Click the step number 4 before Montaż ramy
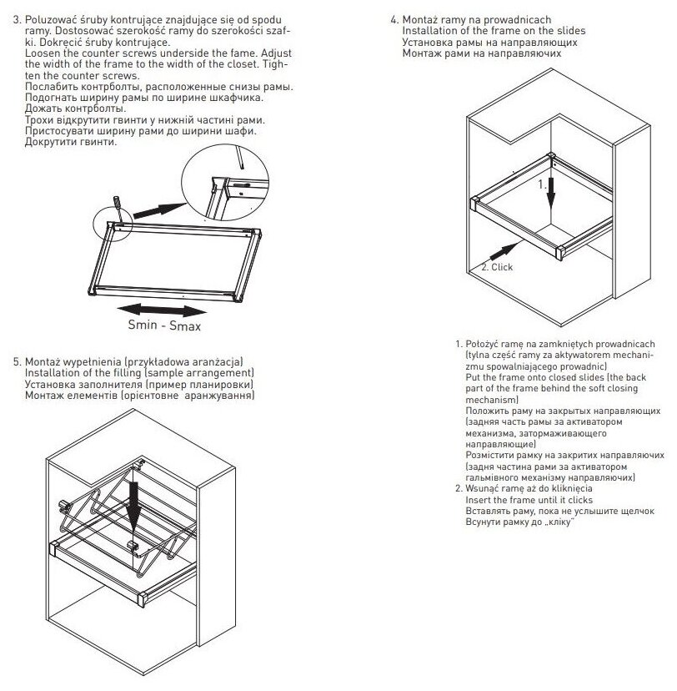(x=394, y=19)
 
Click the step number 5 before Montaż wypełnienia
(x=17, y=361)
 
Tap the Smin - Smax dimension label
(x=164, y=326)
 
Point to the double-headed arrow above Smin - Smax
(x=163, y=308)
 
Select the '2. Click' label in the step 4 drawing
(x=497, y=267)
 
